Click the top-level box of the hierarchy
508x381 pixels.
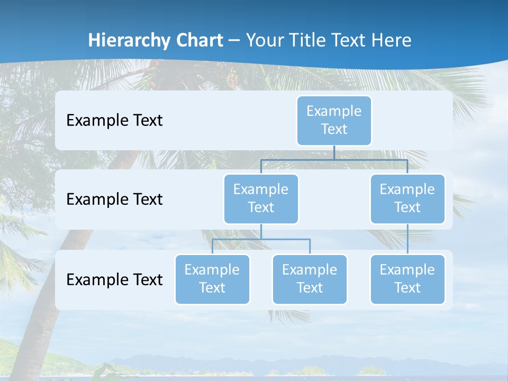click(334, 121)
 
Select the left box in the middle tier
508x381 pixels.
click(261, 199)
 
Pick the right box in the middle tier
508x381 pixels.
click(407, 199)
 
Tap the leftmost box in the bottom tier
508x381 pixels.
click(212, 279)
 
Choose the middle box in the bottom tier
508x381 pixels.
click(310, 279)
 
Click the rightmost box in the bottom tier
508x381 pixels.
click(407, 279)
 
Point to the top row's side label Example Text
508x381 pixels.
click(114, 121)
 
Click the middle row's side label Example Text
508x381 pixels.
click(114, 199)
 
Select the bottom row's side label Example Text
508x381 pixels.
click(114, 279)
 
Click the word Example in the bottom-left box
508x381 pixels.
click(212, 270)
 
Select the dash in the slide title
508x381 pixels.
click(234, 41)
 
